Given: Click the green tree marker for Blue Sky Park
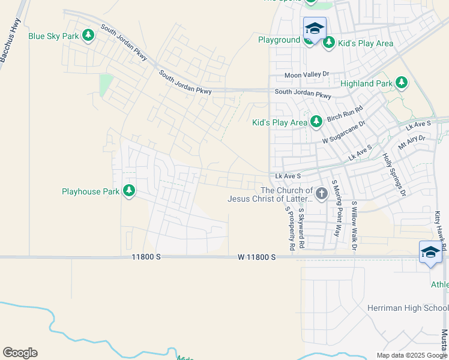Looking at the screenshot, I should tap(88, 36).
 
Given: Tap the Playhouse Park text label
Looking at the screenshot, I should tap(91, 192).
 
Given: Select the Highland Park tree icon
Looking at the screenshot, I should tap(401, 84).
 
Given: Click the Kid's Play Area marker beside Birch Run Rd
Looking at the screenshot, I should tap(316, 122).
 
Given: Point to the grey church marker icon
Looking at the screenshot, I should tap(322, 193).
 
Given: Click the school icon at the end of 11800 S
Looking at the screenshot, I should tap(430, 253).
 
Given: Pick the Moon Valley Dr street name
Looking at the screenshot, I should tap(307, 75).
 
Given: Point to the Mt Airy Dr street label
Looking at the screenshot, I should tap(412, 143).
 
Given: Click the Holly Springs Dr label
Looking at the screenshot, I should tap(394, 174).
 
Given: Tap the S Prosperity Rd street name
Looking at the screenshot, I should tap(290, 228).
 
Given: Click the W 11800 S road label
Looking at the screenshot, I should tap(256, 257).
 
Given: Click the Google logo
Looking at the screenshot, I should tap(20, 353).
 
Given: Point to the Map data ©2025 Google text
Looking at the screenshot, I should tap(411, 355).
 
